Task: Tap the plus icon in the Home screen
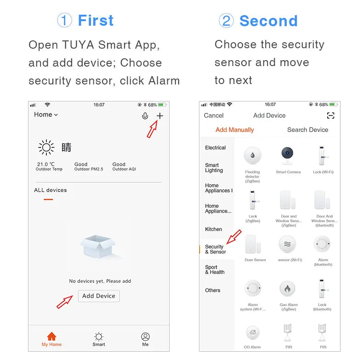(159, 116)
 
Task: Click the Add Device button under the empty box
(99, 296)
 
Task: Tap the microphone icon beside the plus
(145, 116)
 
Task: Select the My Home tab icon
(51, 337)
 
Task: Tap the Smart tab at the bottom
(99, 339)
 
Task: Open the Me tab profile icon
(145, 337)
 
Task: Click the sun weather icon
(46, 147)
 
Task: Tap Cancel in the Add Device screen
(214, 116)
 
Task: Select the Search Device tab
(307, 130)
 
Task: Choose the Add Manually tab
(234, 130)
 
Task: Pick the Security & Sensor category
(216, 249)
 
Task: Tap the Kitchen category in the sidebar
(213, 229)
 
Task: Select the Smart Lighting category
(214, 168)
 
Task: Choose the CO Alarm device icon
(252, 333)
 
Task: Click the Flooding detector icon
(252, 156)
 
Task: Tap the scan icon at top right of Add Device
(330, 116)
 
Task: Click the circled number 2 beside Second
(226, 21)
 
